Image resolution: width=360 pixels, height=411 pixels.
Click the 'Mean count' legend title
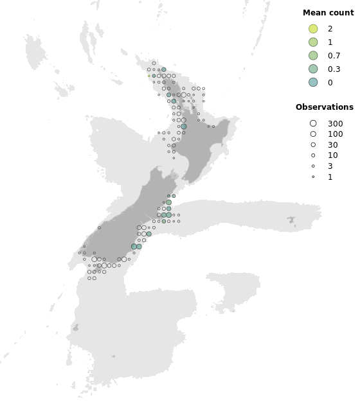(328, 13)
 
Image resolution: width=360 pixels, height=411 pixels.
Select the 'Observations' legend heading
(324, 107)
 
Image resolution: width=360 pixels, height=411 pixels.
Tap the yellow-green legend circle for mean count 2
(313, 29)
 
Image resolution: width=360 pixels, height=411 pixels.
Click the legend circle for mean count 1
(313, 42)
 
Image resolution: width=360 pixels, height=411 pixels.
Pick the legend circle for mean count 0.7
(313, 56)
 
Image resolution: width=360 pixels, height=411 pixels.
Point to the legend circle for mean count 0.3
(313, 69)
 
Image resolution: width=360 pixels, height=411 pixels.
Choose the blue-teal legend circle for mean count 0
(313, 82)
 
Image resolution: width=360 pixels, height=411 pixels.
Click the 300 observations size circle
(313, 123)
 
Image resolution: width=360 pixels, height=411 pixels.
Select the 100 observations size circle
(313, 134)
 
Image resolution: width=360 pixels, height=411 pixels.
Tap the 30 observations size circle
(313, 145)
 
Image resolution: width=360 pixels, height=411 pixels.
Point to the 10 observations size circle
(313, 155)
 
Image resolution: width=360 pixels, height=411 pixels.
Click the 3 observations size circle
(313, 166)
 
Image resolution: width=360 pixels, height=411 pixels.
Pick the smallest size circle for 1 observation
(313, 177)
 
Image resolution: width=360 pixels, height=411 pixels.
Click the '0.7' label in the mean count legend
(334, 56)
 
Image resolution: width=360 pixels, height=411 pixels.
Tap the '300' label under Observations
(335, 123)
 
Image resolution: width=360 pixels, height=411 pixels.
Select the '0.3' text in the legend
(334, 69)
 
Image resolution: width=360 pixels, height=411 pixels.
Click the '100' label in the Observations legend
(335, 134)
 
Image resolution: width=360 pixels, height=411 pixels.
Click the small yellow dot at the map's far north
(149, 76)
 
